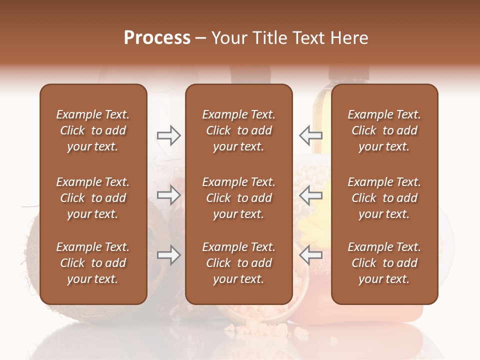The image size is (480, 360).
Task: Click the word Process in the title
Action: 157,38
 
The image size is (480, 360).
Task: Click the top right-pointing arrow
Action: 168,135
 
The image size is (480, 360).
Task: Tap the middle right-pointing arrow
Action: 168,195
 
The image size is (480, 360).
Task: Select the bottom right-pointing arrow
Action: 168,255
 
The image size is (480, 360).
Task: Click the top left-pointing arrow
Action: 310,135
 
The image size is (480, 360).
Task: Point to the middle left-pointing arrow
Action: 310,195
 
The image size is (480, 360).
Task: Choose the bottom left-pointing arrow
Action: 310,255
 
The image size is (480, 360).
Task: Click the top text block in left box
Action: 93,130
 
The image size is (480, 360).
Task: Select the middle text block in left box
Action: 93,198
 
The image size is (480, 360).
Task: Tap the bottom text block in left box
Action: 93,263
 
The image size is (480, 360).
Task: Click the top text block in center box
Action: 238,130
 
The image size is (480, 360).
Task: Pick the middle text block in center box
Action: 238,198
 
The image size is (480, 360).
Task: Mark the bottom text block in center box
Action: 238,263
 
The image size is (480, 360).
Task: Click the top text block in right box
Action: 384,130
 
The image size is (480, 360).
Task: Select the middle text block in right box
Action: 384,198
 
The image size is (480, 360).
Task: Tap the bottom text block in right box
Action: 384,263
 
